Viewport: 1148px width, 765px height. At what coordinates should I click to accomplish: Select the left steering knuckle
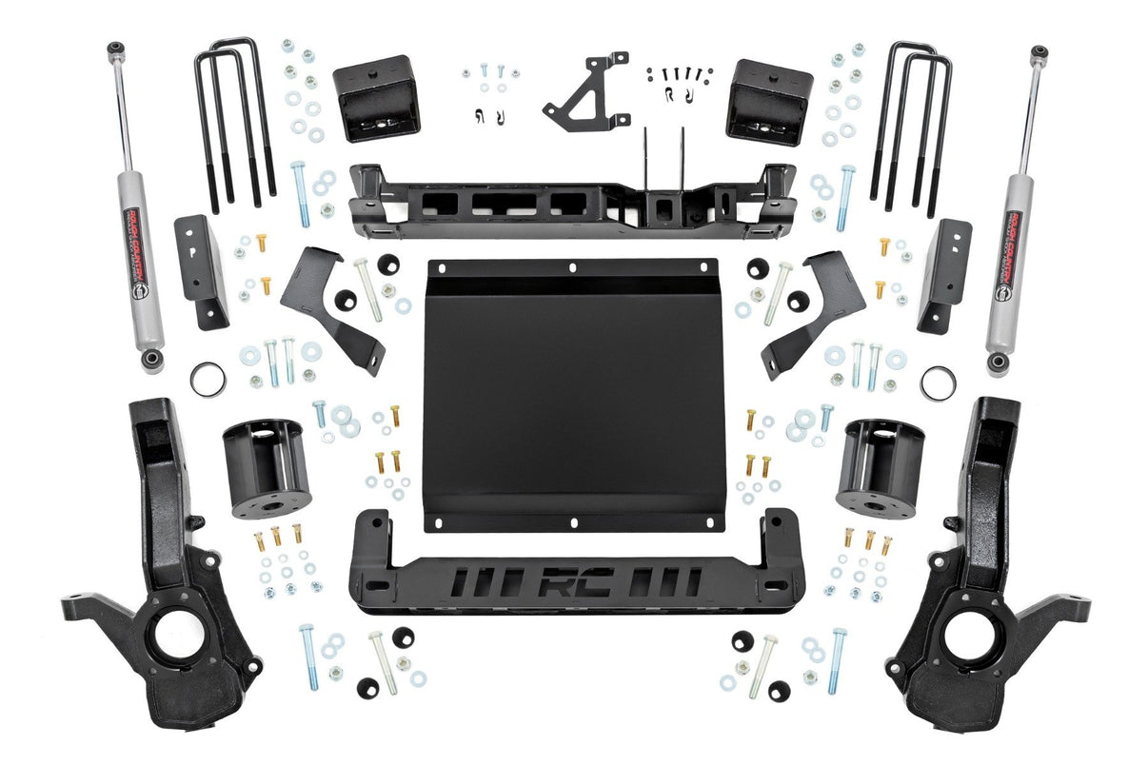(x=171, y=571)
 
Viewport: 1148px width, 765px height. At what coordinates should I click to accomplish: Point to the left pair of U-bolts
(x=234, y=124)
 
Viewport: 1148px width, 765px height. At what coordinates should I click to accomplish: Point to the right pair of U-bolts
(x=912, y=124)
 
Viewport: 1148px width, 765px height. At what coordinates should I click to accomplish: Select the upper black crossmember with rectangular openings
(x=571, y=202)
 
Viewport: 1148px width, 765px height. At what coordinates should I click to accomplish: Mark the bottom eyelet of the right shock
(x=997, y=363)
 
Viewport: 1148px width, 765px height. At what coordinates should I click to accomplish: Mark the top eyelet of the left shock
(x=114, y=48)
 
